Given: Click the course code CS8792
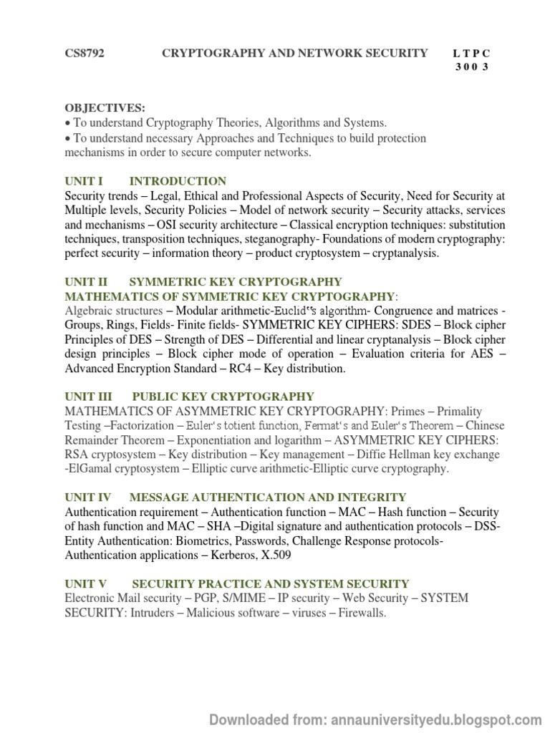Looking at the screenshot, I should (x=85, y=54).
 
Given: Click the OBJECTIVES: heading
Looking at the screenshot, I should (x=105, y=108).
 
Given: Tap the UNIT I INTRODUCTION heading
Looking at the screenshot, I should (x=145, y=181).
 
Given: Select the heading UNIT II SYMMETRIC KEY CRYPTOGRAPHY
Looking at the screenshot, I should (x=203, y=282).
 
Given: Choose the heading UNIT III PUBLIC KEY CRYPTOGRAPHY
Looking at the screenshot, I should (x=189, y=397).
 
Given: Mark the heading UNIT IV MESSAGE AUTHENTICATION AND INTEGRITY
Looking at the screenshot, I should (x=236, y=497).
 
